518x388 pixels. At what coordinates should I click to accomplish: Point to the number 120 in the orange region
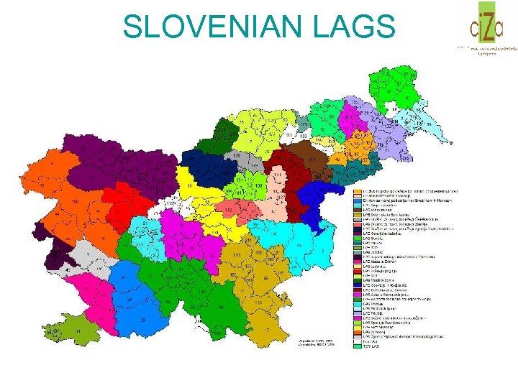75,203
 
